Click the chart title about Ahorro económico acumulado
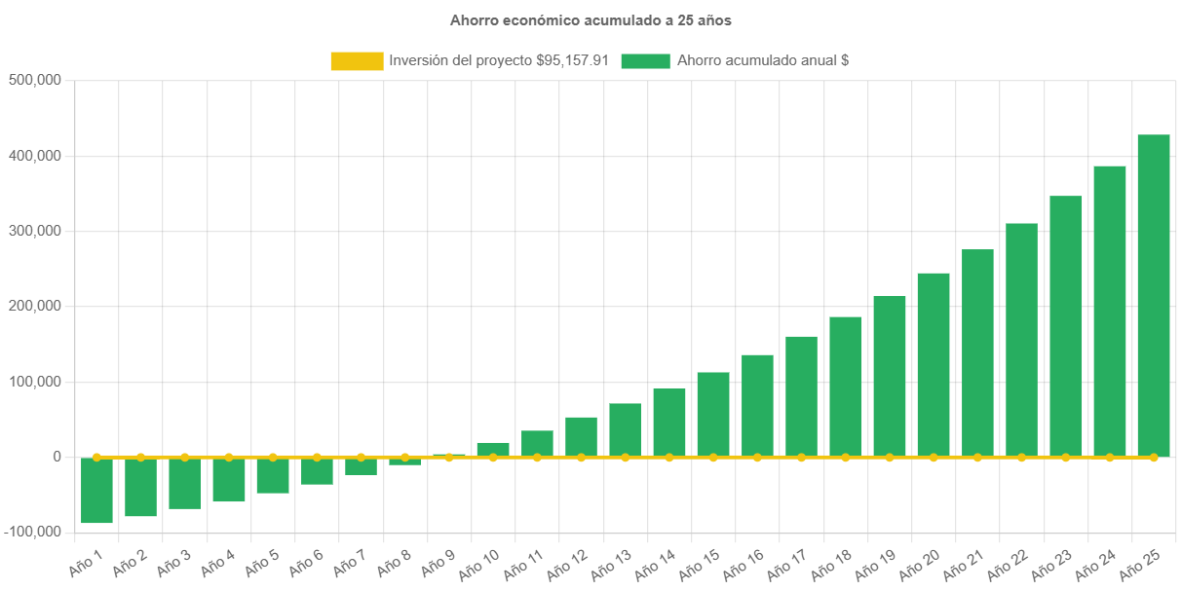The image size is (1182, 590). click(591, 19)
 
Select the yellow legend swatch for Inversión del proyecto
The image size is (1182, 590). click(357, 61)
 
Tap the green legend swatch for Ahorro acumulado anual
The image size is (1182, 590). click(645, 61)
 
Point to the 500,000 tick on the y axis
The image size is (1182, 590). click(35, 80)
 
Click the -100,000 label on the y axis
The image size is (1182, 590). click(32, 532)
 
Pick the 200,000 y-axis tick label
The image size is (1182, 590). click(35, 306)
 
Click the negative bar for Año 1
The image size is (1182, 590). click(96, 491)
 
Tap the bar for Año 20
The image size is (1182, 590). click(934, 364)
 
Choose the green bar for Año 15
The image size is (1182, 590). click(713, 414)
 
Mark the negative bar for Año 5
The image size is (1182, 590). click(273, 475)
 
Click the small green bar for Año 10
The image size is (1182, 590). click(493, 449)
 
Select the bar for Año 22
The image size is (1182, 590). click(1021, 340)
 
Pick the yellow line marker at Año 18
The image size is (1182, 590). click(846, 457)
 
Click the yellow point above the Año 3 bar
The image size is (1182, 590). click(185, 457)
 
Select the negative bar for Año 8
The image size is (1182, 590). click(404, 461)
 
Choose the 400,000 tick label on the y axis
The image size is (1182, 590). click(35, 156)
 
